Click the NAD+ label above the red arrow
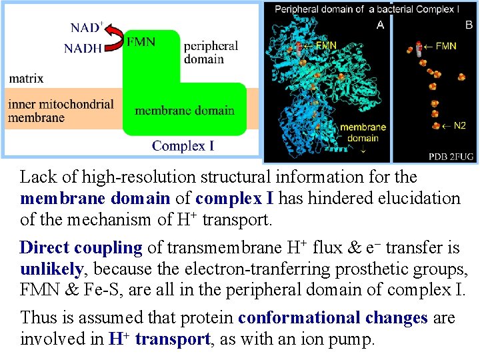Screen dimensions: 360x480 click(x=86, y=29)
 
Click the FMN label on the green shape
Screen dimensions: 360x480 click(x=141, y=42)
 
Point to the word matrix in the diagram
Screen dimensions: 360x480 click(x=26, y=78)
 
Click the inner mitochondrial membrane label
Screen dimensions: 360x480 click(x=61, y=111)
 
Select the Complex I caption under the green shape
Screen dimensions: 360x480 click(x=183, y=145)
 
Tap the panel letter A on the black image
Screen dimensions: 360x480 click(x=380, y=25)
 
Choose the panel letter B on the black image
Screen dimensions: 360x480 click(x=469, y=25)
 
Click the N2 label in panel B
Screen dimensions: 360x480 click(x=458, y=125)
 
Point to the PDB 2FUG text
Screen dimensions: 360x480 click(x=451, y=157)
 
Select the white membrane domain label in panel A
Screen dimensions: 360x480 click(x=363, y=133)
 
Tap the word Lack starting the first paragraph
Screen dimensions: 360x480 click(x=38, y=177)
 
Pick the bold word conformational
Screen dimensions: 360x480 click(x=332, y=318)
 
